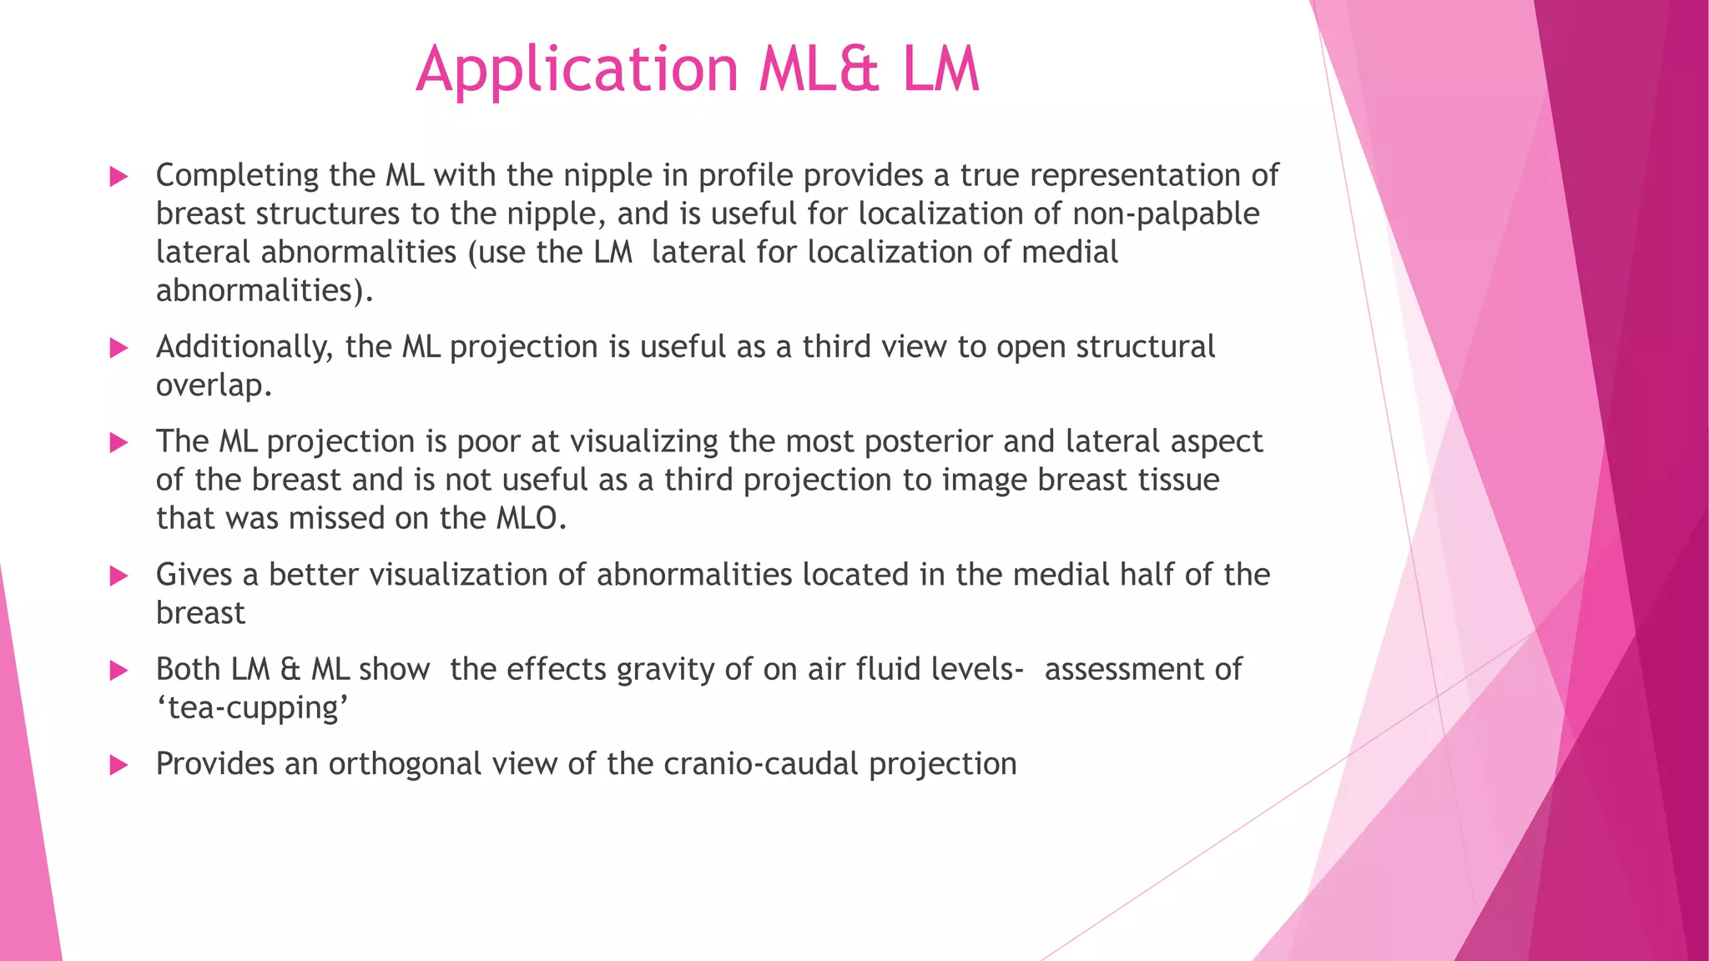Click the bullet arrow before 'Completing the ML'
(x=119, y=176)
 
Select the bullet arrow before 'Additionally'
(x=119, y=348)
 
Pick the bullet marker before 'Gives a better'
(x=119, y=576)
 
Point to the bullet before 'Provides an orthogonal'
(x=119, y=765)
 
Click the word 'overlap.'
(x=214, y=386)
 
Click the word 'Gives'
(x=194, y=576)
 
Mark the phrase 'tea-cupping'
(x=253, y=708)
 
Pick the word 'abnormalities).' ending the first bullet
(x=265, y=291)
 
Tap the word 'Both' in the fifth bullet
(x=188, y=670)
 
